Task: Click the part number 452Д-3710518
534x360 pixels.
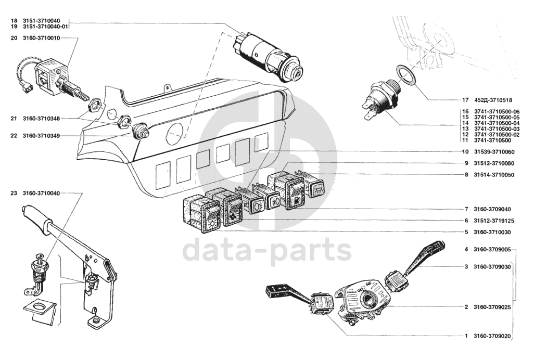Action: tap(493, 100)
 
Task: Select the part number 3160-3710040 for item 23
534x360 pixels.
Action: tap(41, 194)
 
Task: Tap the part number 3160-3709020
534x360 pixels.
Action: tap(492, 336)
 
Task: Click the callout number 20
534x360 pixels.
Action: tap(14, 38)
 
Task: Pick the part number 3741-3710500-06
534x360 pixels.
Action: tap(497, 112)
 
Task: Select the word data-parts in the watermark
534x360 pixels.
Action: tap(267, 250)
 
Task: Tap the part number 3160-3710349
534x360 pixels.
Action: tap(41, 136)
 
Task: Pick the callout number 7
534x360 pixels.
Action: tap(466, 209)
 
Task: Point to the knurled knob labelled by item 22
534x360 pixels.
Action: tap(140, 131)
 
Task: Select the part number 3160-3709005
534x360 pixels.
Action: tap(492, 249)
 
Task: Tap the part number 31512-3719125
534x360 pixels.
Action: tap(494, 221)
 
